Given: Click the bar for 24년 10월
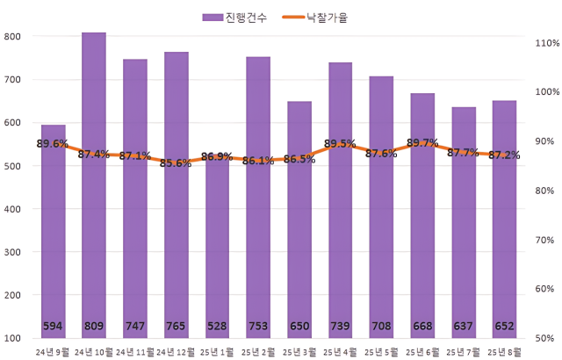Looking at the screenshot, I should click(x=94, y=184).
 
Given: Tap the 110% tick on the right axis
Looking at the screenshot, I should click(x=546, y=43).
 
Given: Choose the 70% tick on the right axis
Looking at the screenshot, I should click(x=546, y=240).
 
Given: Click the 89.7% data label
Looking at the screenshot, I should click(x=423, y=143).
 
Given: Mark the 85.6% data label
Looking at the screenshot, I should click(x=177, y=163).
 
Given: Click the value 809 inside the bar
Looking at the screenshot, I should click(x=94, y=327).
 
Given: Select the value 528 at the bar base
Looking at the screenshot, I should click(x=217, y=327).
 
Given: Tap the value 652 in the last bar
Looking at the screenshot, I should click(x=504, y=327).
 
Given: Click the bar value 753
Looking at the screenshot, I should click(x=258, y=327).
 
